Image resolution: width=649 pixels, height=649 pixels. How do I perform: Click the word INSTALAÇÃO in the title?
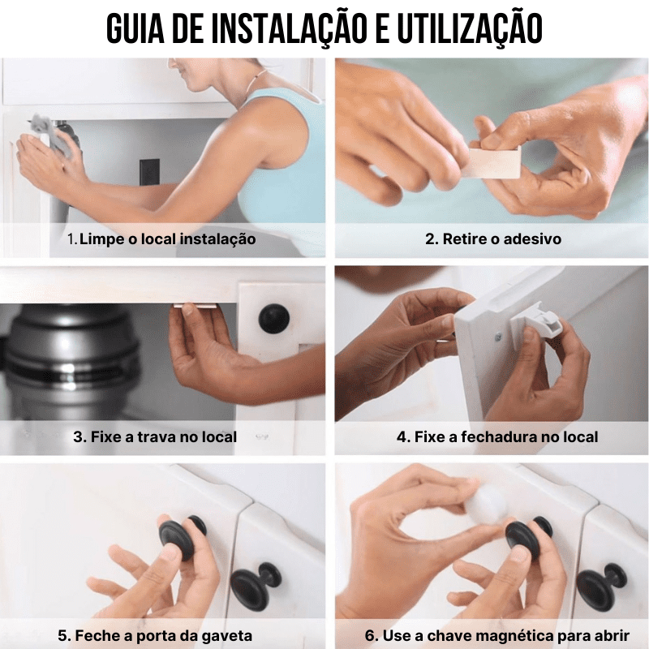pos(290,28)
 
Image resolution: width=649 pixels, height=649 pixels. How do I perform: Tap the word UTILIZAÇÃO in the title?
pos(470,28)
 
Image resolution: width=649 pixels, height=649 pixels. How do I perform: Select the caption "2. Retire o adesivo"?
pos(493,239)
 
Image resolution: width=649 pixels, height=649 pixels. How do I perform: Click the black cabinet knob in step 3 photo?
pos(274,319)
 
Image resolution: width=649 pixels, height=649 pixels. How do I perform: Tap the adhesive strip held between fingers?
pos(493,161)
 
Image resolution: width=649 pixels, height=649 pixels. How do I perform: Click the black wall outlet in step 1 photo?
pos(149,172)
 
